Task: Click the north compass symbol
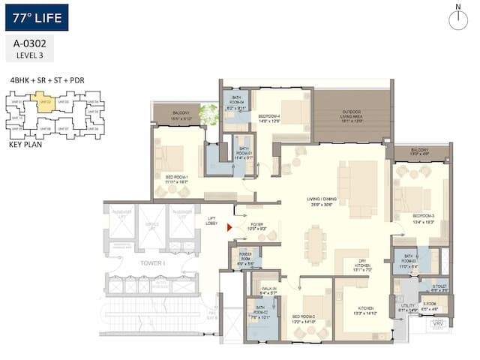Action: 457,19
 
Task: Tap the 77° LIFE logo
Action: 36,17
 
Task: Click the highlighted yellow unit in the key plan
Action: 45,103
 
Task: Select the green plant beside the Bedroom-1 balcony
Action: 208,114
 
